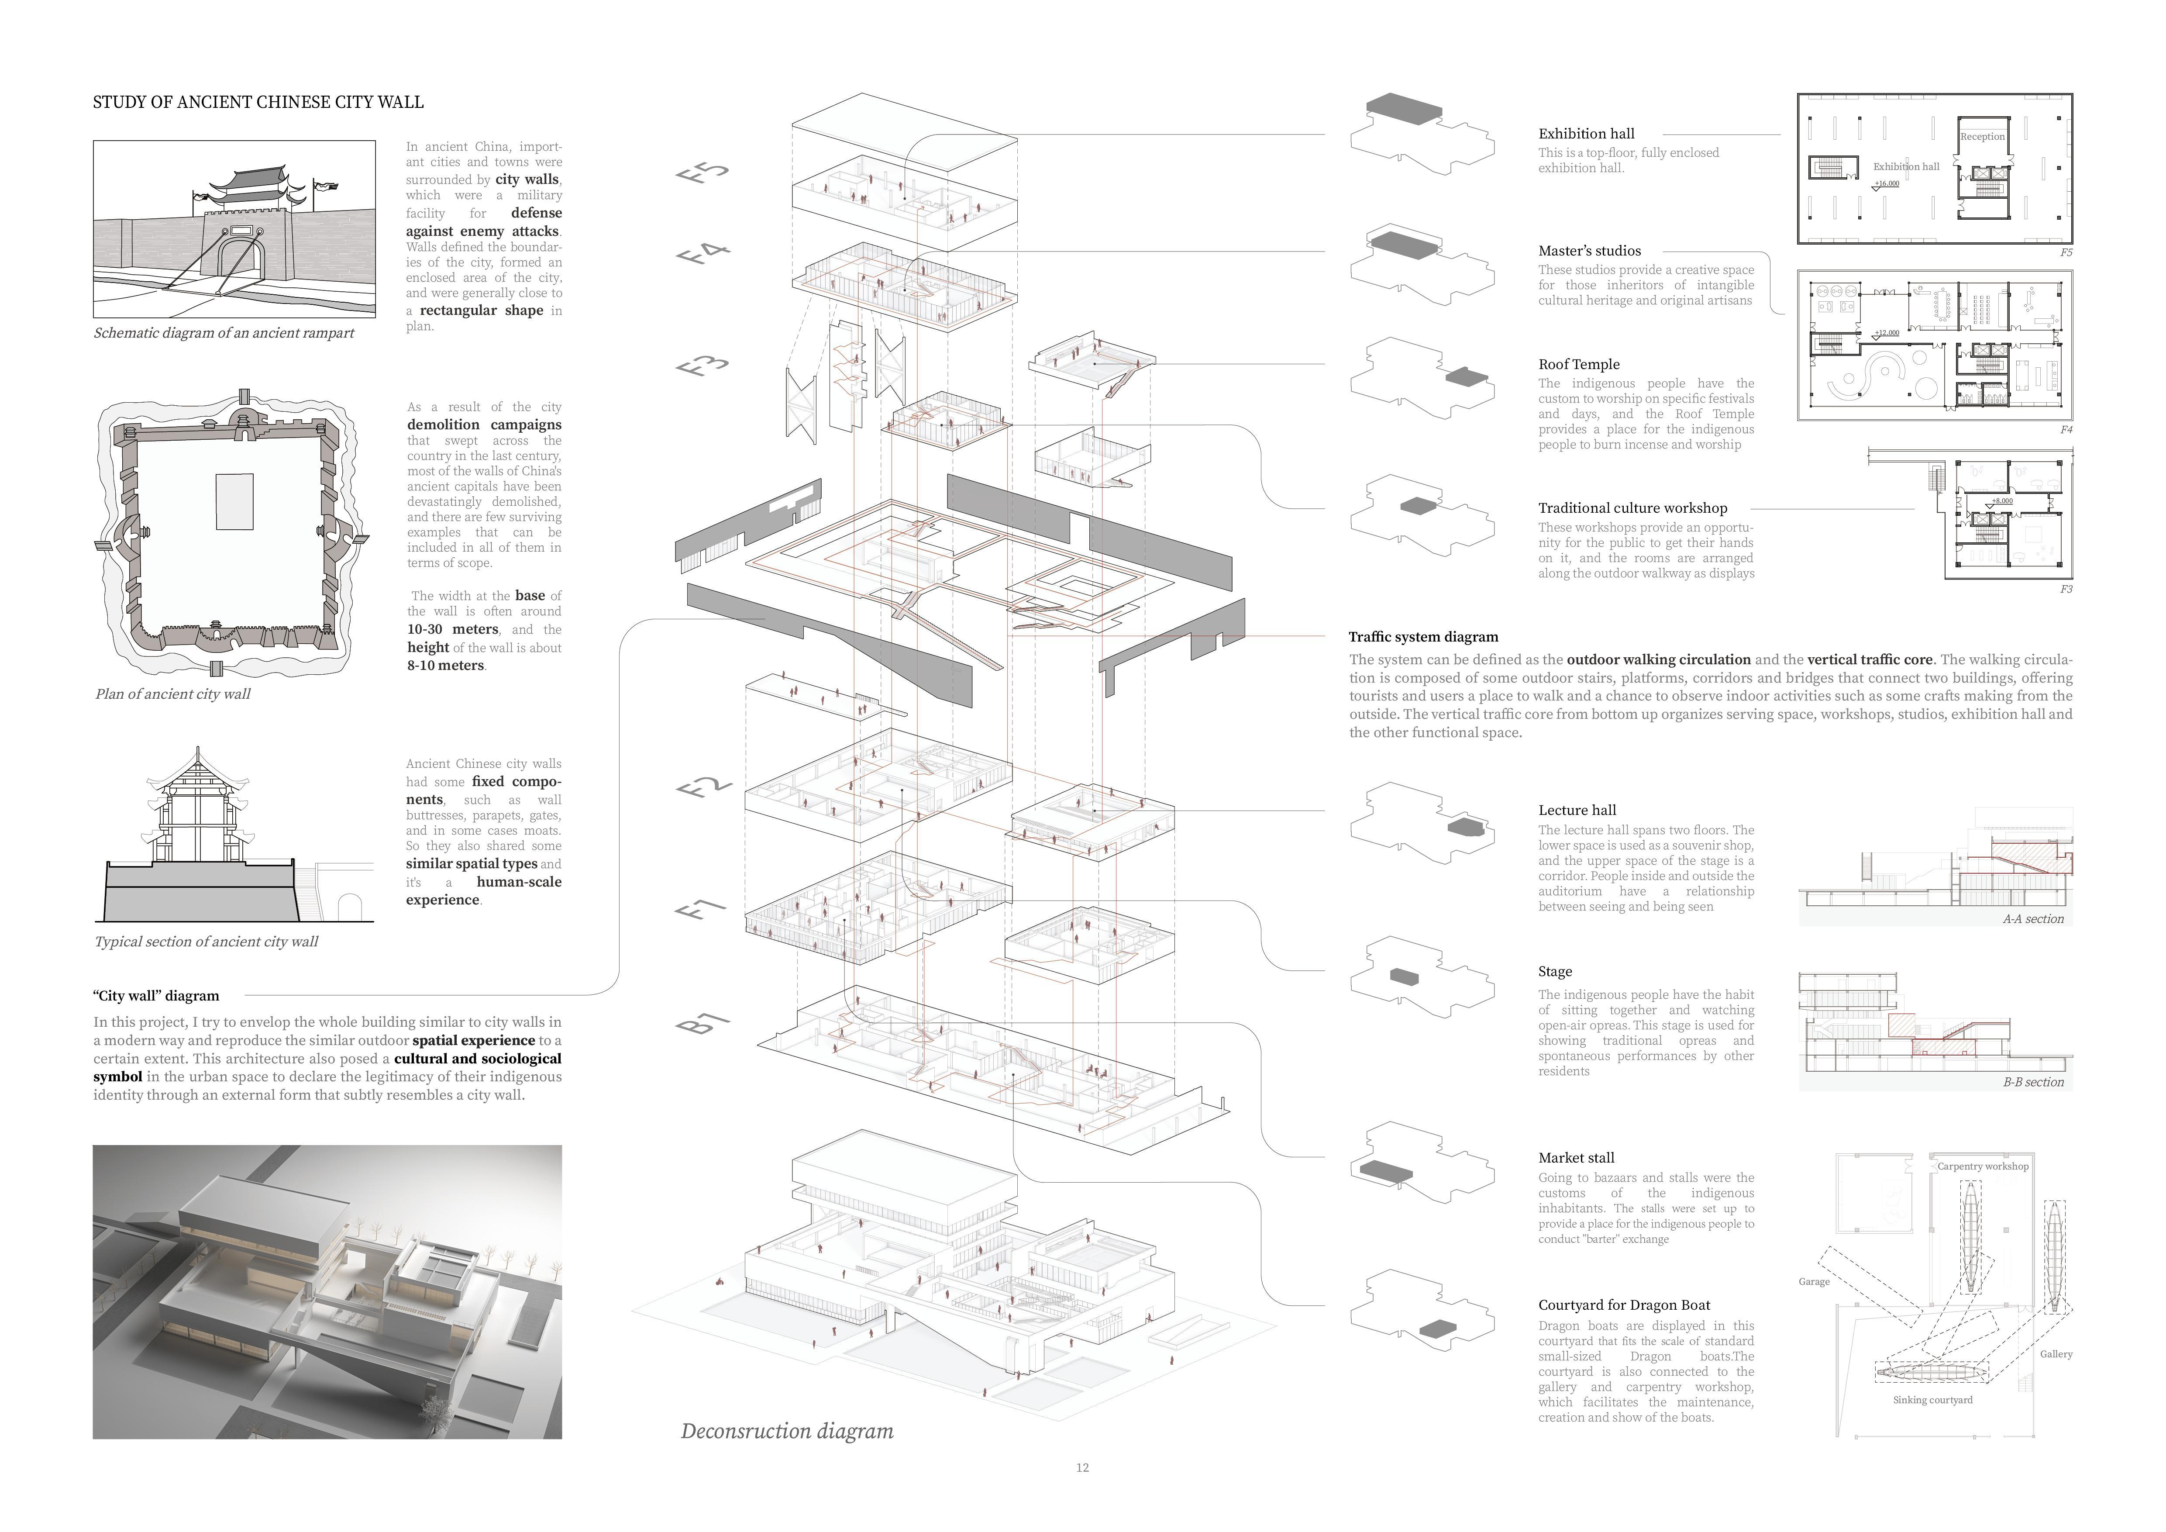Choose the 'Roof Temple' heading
pyautogui.click(x=1578, y=364)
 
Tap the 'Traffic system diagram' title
pyautogui.click(x=1422, y=637)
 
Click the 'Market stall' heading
pyautogui.click(x=1575, y=1157)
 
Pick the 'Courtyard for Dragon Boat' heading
pyautogui.click(x=1624, y=1306)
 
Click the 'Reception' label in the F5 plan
pyautogui.click(x=1982, y=137)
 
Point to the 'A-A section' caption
pyautogui.click(x=2033, y=919)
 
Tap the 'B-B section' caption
pyautogui.click(x=2033, y=1082)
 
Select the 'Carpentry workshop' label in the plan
pyautogui.click(x=1982, y=1166)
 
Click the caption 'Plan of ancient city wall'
pyautogui.click(x=172, y=694)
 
